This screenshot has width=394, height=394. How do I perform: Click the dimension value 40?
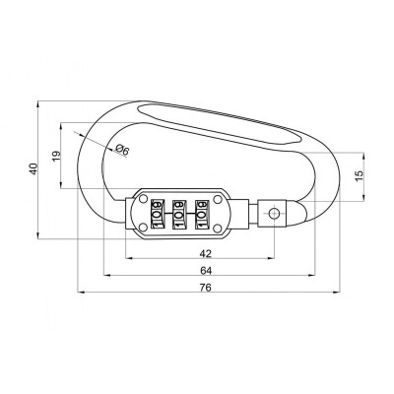33,168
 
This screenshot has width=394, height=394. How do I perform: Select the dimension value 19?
56,154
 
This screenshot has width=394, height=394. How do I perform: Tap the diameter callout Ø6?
121,149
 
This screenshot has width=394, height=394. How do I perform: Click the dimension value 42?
201,253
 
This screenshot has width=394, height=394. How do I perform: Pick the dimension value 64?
205,270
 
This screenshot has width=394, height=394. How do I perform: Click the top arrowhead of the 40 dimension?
39,103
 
